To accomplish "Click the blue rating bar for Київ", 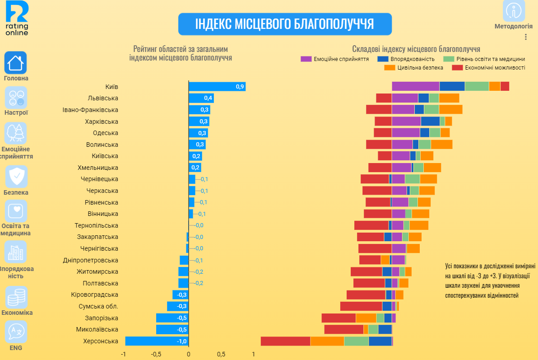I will (217, 87).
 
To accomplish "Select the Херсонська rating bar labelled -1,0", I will (157, 341).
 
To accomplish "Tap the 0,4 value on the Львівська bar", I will (208, 98).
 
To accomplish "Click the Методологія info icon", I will (514, 11).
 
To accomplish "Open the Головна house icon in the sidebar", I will (16, 62).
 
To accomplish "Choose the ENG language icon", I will (16, 332).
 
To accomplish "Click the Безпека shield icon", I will (16, 177).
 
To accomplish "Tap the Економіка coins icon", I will (16, 297).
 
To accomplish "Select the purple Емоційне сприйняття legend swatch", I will (306, 59).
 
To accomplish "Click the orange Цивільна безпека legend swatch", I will (390, 68).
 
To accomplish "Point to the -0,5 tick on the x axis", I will (156, 354).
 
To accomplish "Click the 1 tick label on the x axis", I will (253, 354).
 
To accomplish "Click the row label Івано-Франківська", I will (90, 110).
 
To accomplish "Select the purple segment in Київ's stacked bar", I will (415, 86).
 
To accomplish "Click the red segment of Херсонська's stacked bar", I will (285, 341).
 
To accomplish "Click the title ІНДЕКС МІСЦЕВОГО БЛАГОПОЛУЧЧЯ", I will (284, 24).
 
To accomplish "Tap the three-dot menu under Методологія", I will (525, 37).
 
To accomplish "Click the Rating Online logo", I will (17, 18).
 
